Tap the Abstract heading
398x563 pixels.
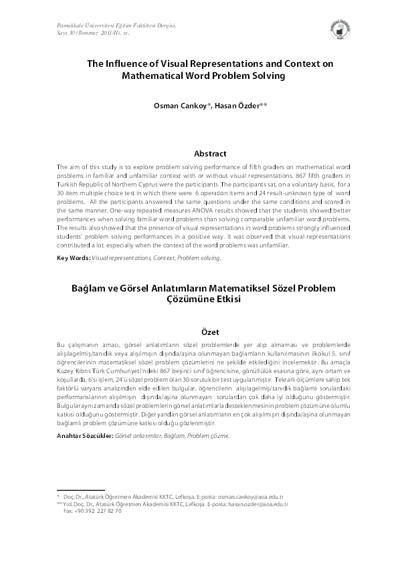point(209,153)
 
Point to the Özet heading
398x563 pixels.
point(209,331)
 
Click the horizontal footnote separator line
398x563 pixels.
point(80,490)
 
